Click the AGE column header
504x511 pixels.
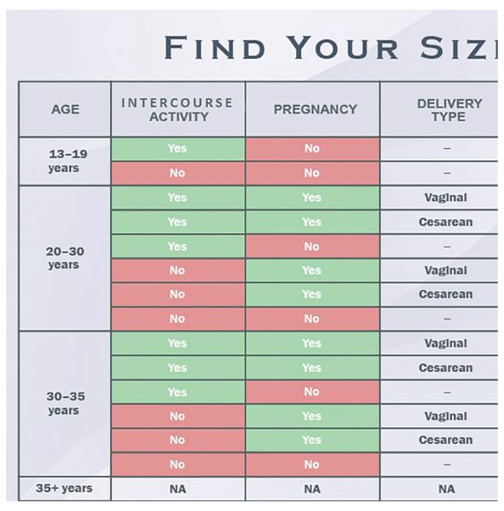65,109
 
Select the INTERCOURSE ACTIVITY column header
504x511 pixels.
177,109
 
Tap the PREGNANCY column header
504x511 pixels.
316,109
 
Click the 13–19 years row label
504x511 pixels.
67,161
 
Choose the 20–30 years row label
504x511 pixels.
65,258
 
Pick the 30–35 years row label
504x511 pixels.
65,403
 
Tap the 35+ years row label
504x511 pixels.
64,488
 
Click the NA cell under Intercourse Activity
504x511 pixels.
177,489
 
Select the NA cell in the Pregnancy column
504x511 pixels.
312,489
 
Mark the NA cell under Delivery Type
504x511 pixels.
446,489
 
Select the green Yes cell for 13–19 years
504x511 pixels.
177,149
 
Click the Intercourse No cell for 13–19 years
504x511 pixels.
177,173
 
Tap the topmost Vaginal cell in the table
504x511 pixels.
446,198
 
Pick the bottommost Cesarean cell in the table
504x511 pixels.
446,440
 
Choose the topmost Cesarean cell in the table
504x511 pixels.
446,222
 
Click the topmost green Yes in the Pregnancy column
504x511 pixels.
313,198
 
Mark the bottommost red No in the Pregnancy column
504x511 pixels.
313,464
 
